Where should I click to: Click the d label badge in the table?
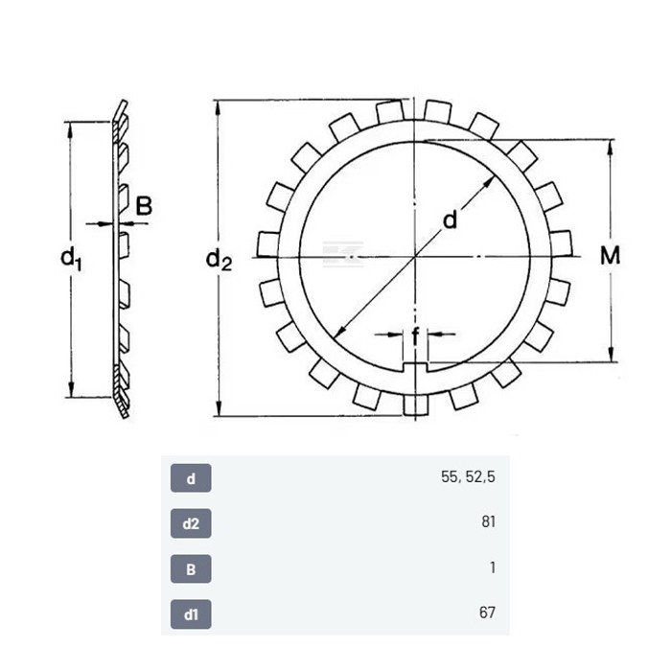(191, 478)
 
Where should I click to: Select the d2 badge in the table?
(191, 523)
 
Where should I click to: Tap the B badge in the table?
(191, 569)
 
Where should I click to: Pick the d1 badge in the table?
(191, 614)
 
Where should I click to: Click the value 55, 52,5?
(468, 477)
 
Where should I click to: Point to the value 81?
(488, 522)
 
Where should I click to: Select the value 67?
(487, 613)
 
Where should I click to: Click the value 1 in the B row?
(493, 567)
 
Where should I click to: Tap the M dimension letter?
(610, 256)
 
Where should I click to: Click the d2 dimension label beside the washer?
(219, 260)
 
